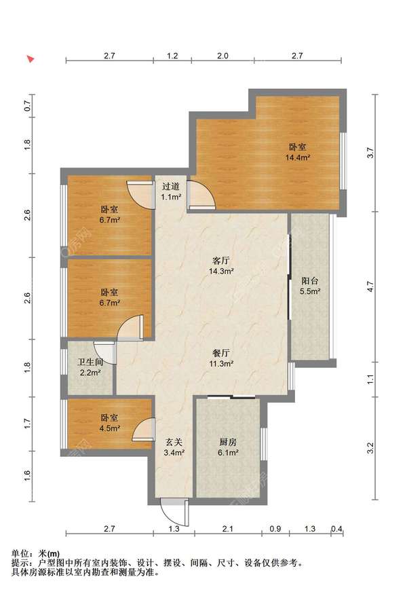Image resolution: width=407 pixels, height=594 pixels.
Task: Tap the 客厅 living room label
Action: pos(221,261)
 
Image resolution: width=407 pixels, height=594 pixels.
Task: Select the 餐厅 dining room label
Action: pos(221,353)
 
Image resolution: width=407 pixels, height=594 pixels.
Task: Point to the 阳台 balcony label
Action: pos(310,281)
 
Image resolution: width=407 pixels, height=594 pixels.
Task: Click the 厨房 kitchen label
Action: pos(228,442)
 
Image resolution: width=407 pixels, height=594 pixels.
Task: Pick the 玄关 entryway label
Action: pos(174,442)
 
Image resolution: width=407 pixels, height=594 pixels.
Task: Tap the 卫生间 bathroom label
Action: pos(90,362)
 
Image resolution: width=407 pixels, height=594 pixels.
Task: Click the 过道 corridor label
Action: pos(171,187)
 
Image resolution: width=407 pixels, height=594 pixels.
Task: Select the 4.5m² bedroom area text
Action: pos(109,428)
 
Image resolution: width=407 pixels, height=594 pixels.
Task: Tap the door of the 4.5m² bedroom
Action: pos(144,429)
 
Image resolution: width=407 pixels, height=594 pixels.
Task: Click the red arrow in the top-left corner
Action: pos(31,58)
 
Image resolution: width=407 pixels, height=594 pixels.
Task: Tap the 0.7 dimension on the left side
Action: pos(27,106)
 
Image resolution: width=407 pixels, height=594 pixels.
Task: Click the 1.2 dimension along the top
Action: pos(172,56)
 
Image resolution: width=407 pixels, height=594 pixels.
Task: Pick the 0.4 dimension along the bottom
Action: pos(336,528)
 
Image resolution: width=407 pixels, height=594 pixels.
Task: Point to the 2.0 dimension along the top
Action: pos(222,56)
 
